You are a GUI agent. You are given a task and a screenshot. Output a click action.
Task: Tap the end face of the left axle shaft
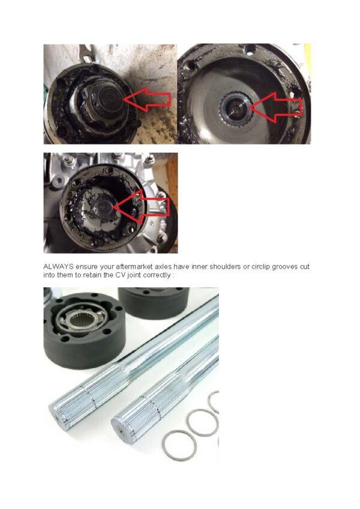[59, 413]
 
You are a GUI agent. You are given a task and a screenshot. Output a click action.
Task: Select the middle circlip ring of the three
[199, 422]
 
